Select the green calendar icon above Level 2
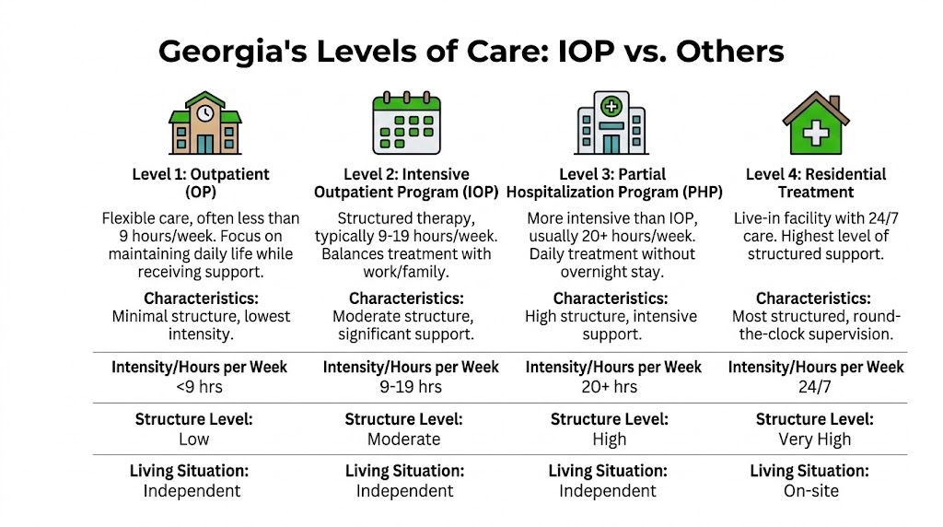[406, 124]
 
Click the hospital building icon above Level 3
[611, 124]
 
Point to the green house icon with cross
[815, 124]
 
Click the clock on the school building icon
[204, 111]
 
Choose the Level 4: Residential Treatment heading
[815, 183]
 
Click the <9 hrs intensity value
[200, 387]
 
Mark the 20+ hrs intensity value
[610, 387]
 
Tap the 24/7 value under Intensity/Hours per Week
[815, 387]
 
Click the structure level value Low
[194, 439]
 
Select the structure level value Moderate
[404, 439]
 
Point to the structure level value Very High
[815, 439]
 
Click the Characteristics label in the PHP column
[610, 299]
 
